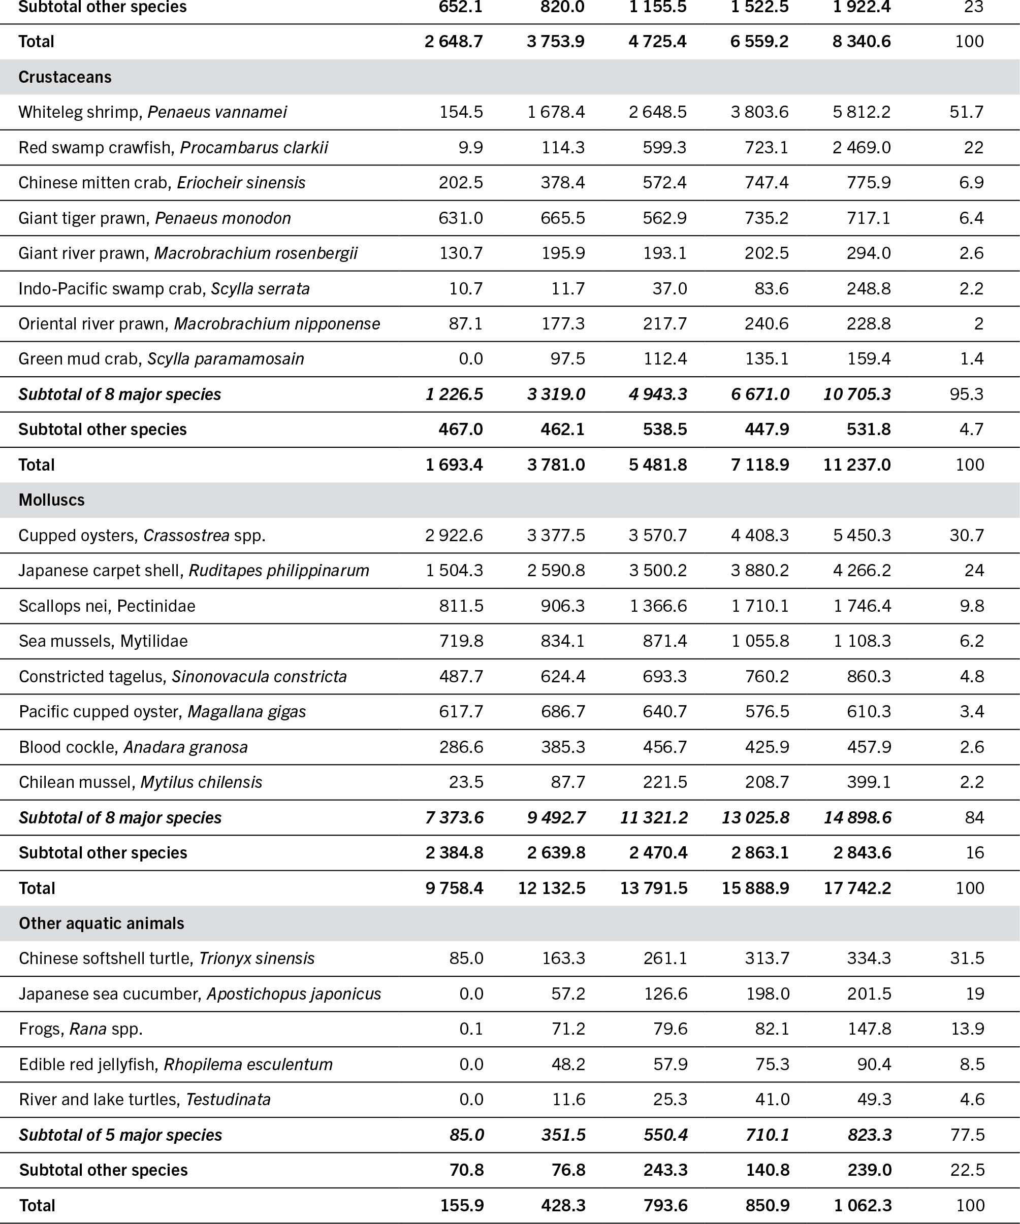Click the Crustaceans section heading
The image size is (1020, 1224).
point(65,77)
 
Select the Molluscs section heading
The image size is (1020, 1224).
point(51,500)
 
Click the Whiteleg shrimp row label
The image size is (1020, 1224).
point(152,112)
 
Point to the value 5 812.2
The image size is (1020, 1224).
point(862,112)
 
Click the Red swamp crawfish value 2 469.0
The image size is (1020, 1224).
point(862,147)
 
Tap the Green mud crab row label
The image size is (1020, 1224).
point(161,359)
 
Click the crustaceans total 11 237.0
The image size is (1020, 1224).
point(857,465)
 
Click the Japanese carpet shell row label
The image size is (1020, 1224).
point(194,571)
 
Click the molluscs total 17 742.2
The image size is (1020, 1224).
point(857,888)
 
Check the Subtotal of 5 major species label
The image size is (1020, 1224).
point(120,1135)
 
